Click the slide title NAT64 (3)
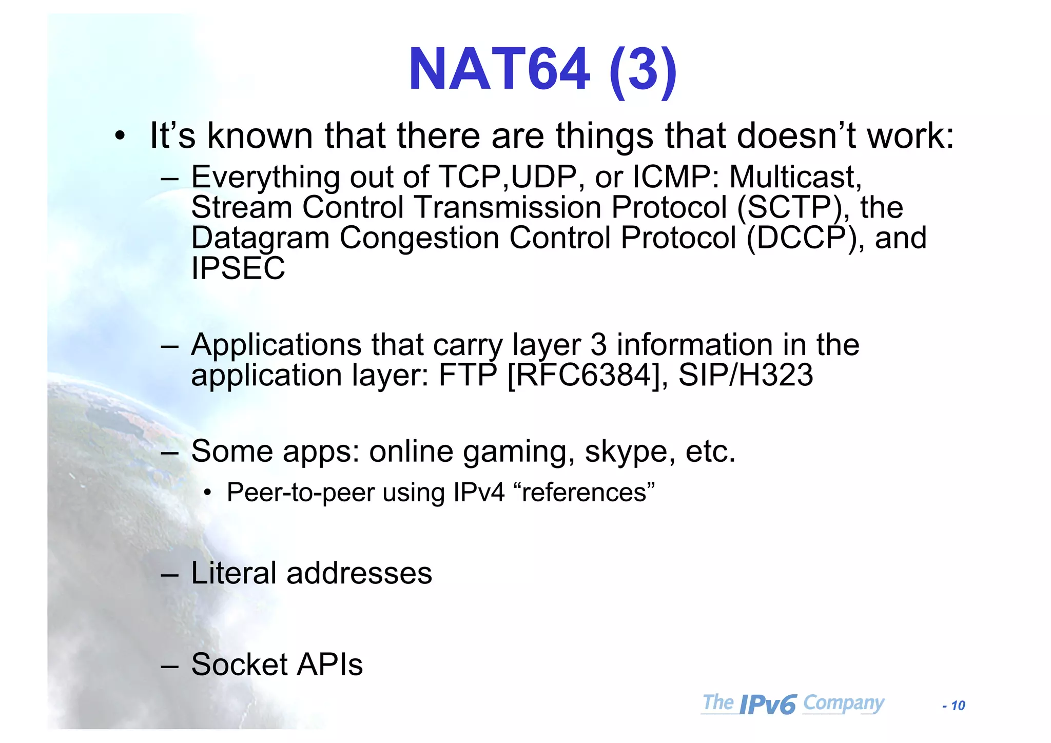pos(542,70)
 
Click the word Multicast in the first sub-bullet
pos(795,177)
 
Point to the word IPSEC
pos(238,268)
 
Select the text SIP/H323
pos(745,375)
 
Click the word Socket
pos(239,664)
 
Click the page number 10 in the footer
pos(958,706)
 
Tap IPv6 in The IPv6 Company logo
pos(768,705)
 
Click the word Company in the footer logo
pos(843,702)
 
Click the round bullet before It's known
pos(120,136)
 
